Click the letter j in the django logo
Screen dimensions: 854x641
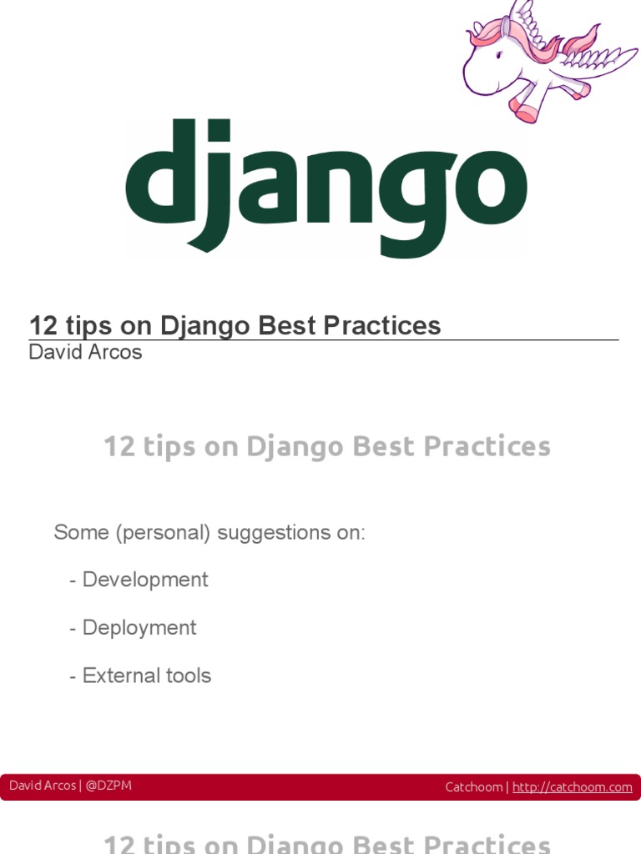pyautogui.click(x=208, y=188)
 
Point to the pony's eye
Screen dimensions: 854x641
pyautogui.click(x=499, y=55)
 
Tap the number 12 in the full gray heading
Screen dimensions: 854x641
pyautogui.click(x=119, y=446)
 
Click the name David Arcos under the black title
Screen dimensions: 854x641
pyautogui.click(x=85, y=352)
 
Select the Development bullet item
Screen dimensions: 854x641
pyautogui.click(x=144, y=580)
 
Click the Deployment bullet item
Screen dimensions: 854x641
pyautogui.click(x=139, y=628)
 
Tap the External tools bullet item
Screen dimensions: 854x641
pyautogui.click(x=146, y=676)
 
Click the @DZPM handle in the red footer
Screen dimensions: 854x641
pyautogui.click(x=109, y=786)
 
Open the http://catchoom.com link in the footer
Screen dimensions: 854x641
pyautogui.click(x=572, y=787)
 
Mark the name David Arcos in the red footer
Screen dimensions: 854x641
pyautogui.click(x=42, y=786)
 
